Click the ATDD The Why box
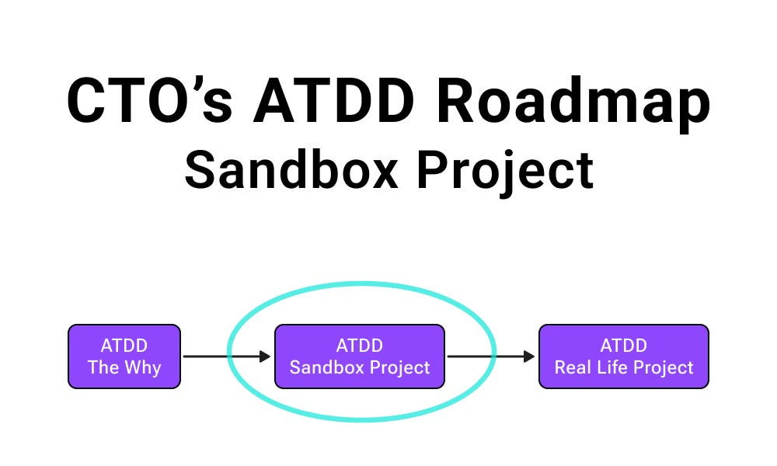(x=124, y=356)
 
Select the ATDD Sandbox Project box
(x=360, y=356)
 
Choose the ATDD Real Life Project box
(x=624, y=356)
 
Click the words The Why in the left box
(x=124, y=367)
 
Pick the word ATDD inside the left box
(x=124, y=346)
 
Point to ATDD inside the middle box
(x=360, y=346)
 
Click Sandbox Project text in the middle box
(x=360, y=367)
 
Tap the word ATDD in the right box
(x=624, y=346)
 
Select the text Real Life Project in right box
(x=624, y=367)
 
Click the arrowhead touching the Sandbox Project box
(x=267, y=356)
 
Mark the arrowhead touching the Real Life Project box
(x=531, y=356)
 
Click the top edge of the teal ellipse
(x=360, y=284)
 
